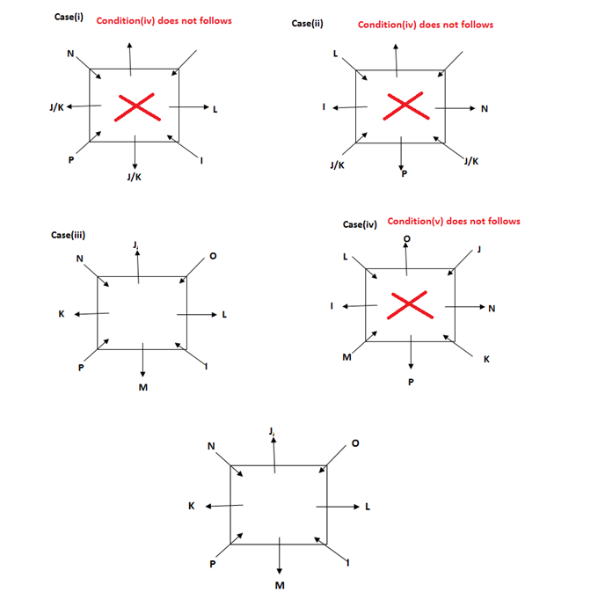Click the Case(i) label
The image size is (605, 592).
(69, 18)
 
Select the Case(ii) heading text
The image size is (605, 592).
(307, 23)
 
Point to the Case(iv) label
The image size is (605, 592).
(360, 224)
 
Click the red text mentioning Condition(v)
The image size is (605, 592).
(453, 221)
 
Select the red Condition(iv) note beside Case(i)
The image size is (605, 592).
(164, 20)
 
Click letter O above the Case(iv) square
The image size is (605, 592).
(405, 237)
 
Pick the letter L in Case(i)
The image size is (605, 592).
(215, 109)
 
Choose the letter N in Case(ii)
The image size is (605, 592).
(485, 108)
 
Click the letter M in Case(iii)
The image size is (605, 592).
(142, 388)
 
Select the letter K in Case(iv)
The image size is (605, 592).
(486, 358)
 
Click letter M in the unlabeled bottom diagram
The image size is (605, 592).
(279, 585)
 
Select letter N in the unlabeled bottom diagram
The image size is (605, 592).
(210, 445)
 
